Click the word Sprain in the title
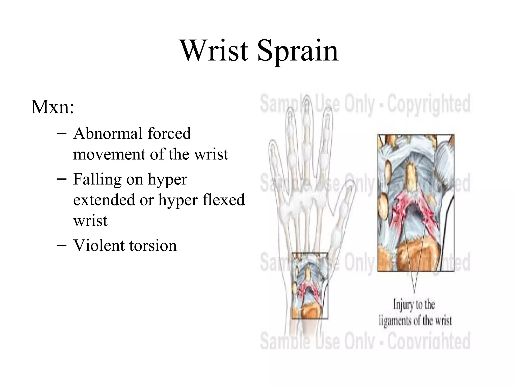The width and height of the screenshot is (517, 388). (x=298, y=52)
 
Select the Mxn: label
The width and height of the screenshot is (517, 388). (x=53, y=107)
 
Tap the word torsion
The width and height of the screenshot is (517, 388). (x=153, y=246)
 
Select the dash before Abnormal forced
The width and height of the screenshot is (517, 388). (x=62, y=133)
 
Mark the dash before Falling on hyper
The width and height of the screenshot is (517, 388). (x=62, y=179)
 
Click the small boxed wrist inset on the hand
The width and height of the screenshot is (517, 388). (x=310, y=285)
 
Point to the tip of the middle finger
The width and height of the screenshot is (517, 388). (x=306, y=100)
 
